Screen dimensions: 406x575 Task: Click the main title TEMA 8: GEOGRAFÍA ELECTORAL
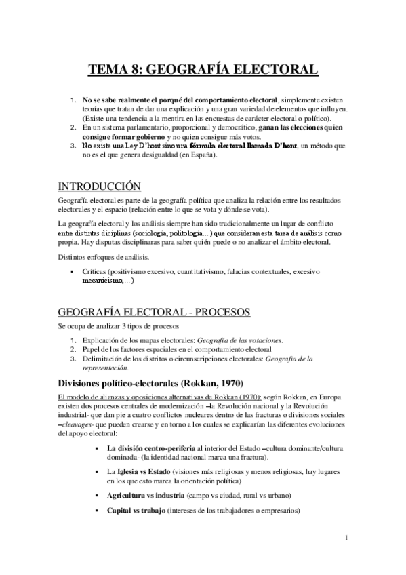pyautogui.click(x=203, y=70)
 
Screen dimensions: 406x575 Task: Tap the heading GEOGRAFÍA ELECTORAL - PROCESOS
pyautogui.click(x=154, y=311)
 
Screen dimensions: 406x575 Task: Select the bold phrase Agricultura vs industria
pyautogui.click(x=146, y=495)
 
